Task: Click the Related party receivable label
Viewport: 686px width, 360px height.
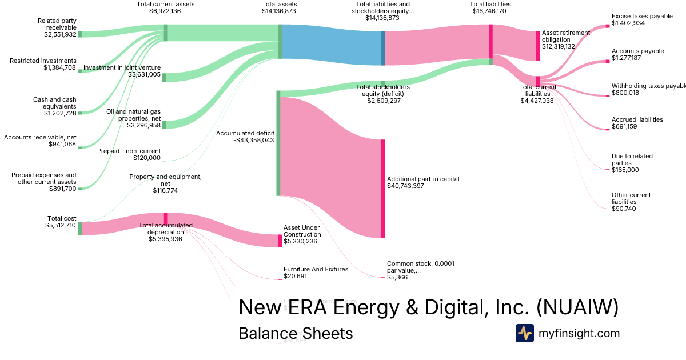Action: point(57,24)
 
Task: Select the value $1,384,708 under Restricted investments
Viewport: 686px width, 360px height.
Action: point(59,67)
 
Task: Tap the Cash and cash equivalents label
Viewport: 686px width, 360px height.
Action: point(54,103)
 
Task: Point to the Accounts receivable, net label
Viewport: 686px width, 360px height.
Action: point(40,137)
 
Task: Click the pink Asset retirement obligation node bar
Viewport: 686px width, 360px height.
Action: point(537,46)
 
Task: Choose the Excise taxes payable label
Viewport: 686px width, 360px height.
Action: point(642,16)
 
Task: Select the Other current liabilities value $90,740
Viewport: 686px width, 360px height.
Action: point(624,209)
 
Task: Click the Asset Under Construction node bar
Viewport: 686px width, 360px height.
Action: point(280,241)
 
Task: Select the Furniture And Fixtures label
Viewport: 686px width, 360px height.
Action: point(316,269)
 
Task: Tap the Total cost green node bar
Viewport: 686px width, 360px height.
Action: point(80,228)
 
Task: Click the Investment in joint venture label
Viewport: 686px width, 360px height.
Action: point(122,68)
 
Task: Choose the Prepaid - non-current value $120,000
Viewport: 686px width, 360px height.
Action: point(147,158)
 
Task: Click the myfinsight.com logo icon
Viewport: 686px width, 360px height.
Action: point(525,333)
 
